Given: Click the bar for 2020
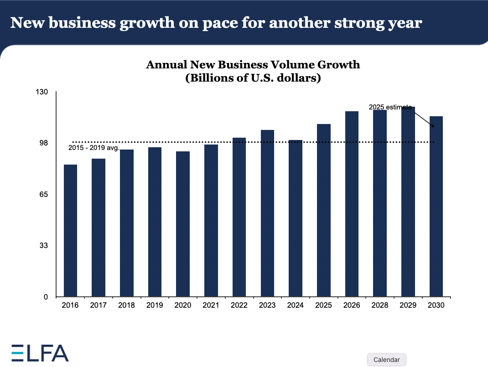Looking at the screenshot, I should [183, 224].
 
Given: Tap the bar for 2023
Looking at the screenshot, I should [267, 213].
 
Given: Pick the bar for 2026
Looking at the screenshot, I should [352, 204].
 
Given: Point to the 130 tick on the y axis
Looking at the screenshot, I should [42, 92].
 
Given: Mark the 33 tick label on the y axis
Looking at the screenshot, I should [44, 246].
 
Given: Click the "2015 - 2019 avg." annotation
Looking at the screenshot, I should [93, 148].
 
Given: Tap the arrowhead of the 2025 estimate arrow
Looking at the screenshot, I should [432, 126].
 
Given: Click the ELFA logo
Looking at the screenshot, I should [40, 352].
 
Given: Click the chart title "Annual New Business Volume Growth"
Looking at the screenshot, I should [253, 65].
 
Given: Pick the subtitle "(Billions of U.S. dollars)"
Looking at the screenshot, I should [253, 78].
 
